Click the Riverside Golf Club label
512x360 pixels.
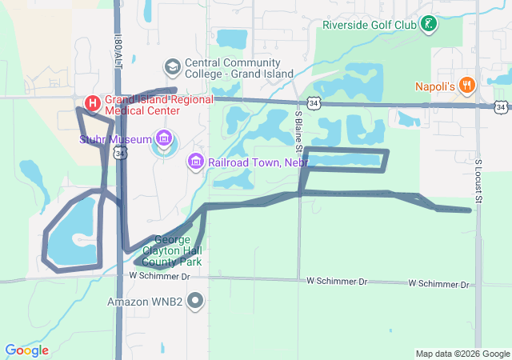pyautogui.click(x=370, y=24)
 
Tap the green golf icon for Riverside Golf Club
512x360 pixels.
pyautogui.click(x=430, y=24)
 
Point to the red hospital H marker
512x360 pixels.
pyautogui.click(x=92, y=103)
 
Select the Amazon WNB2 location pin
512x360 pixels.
pyautogui.click(x=194, y=302)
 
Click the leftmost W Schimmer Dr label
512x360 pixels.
pyautogui.click(x=160, y=276)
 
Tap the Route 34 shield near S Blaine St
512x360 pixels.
pyautogui.click(x=314, y=103)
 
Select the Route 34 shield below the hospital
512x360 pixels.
pyautogui.click(x=120, y=152)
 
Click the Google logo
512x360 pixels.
pyautogui.click(x=26, y=350)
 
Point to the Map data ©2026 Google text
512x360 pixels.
pyautogui.click(x=462, y=354)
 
